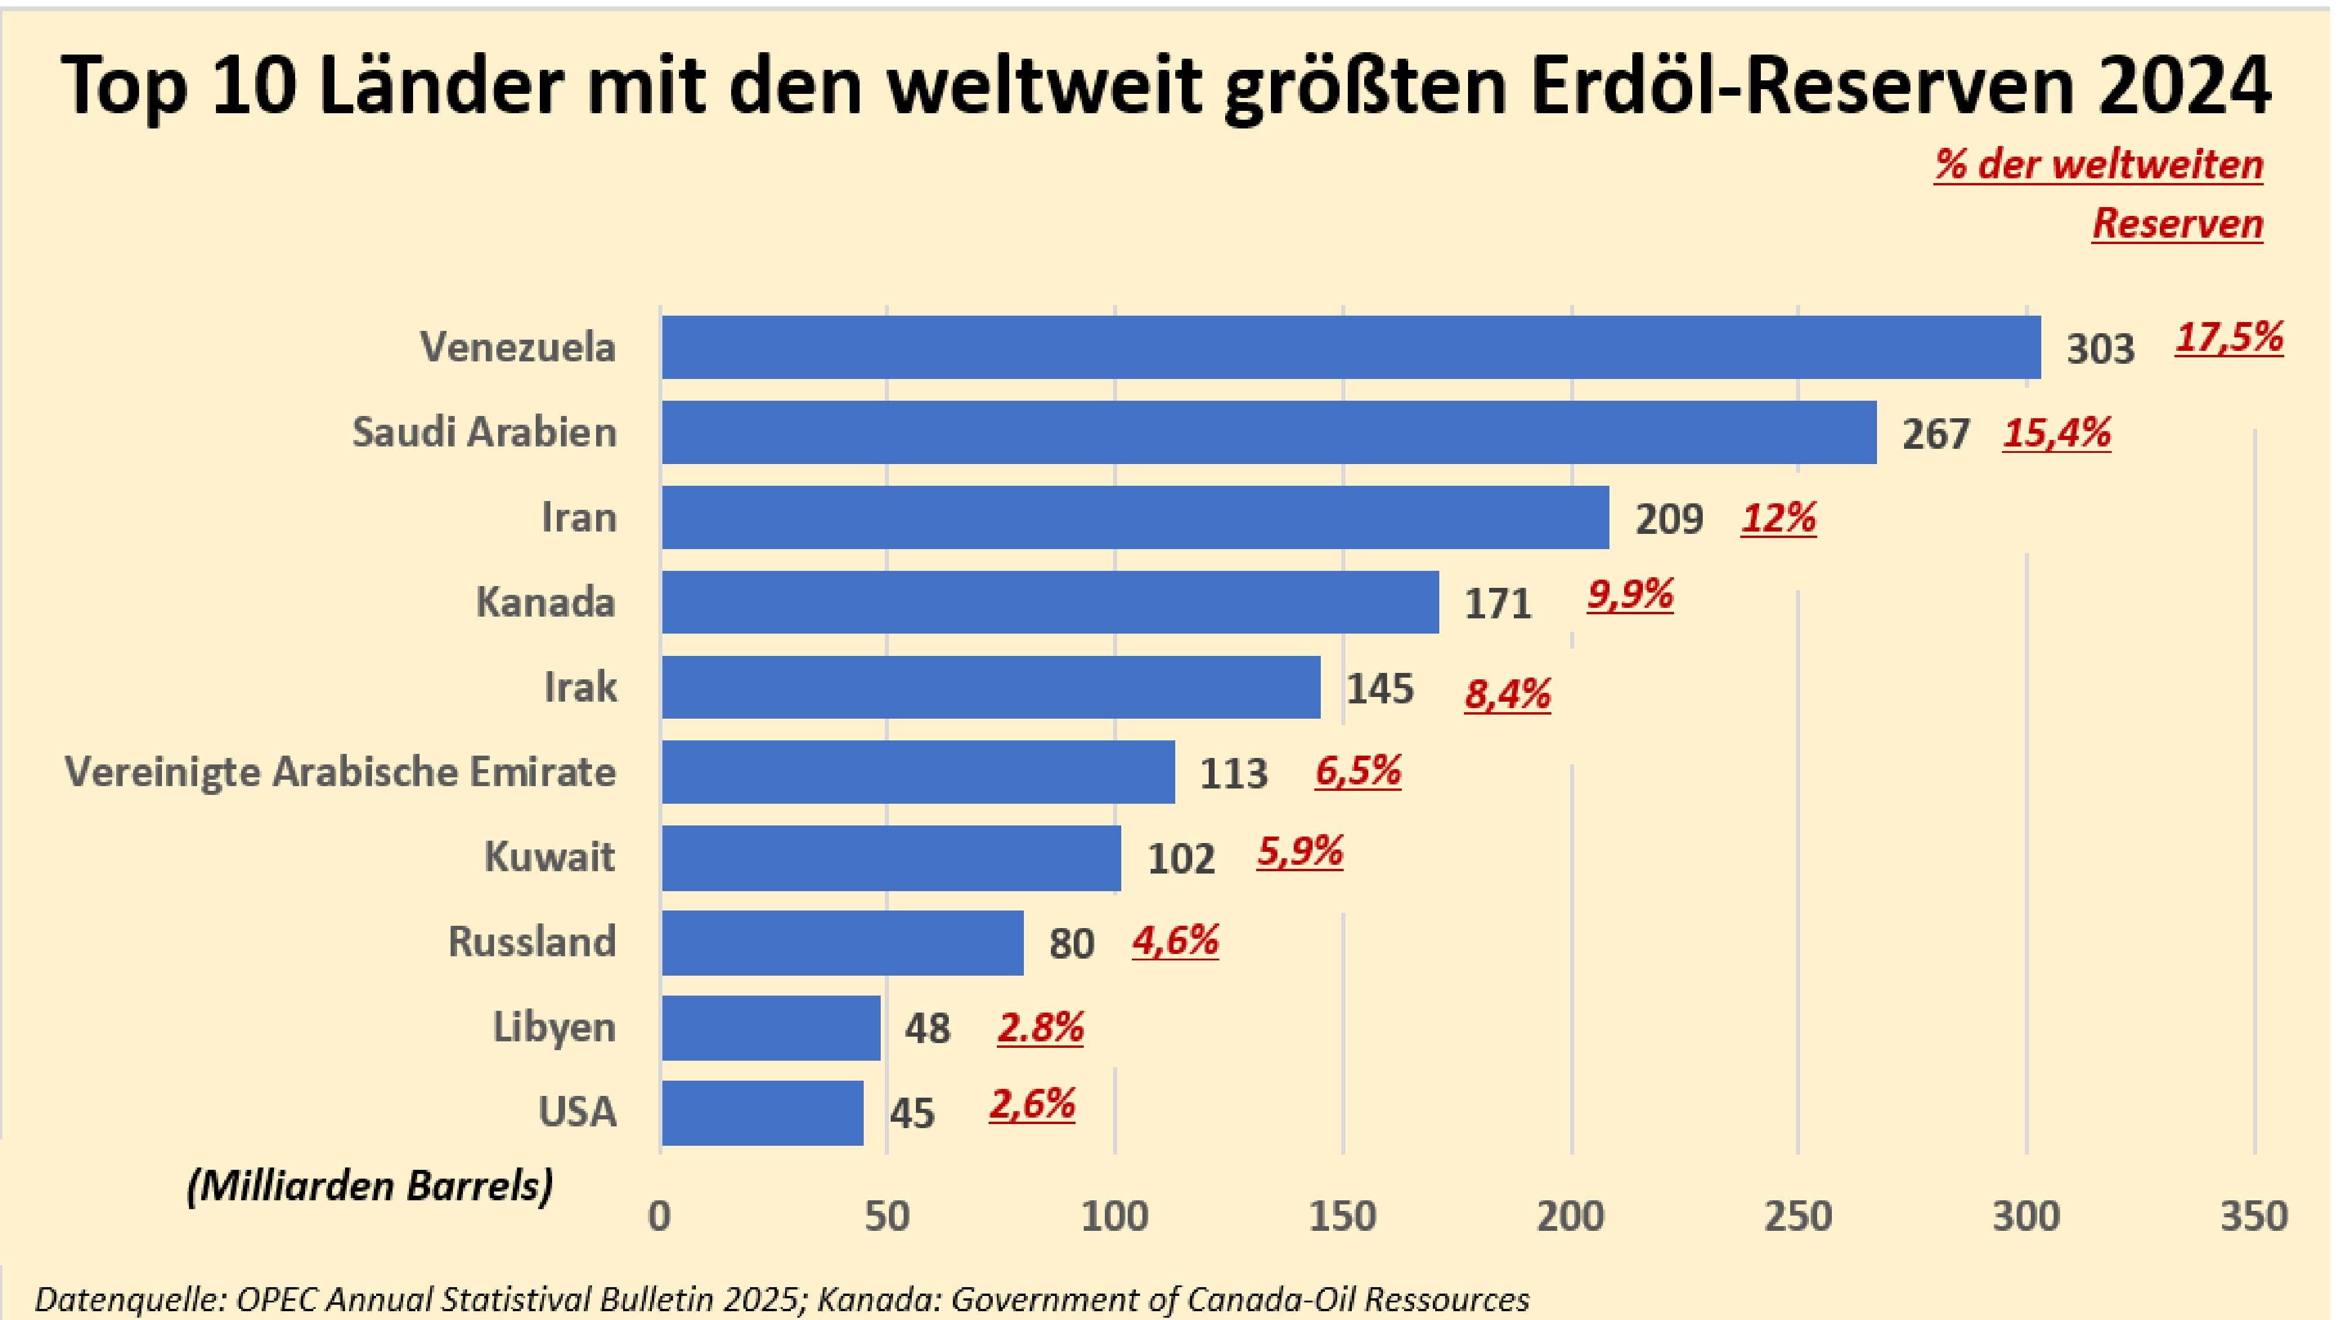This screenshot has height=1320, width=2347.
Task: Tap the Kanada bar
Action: (1050, 601)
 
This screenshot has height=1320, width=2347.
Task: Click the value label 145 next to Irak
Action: (1379, 689)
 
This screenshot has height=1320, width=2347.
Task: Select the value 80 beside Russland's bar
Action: (1071, 944)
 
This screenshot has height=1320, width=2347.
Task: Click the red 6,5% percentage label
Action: (1358, 771)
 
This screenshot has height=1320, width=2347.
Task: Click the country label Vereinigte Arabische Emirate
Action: (340, 771)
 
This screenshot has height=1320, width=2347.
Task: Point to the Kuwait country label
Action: (549, 857)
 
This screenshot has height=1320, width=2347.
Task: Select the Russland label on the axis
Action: (532, 941)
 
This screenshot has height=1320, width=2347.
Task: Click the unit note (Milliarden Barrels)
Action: (370, 1185)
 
